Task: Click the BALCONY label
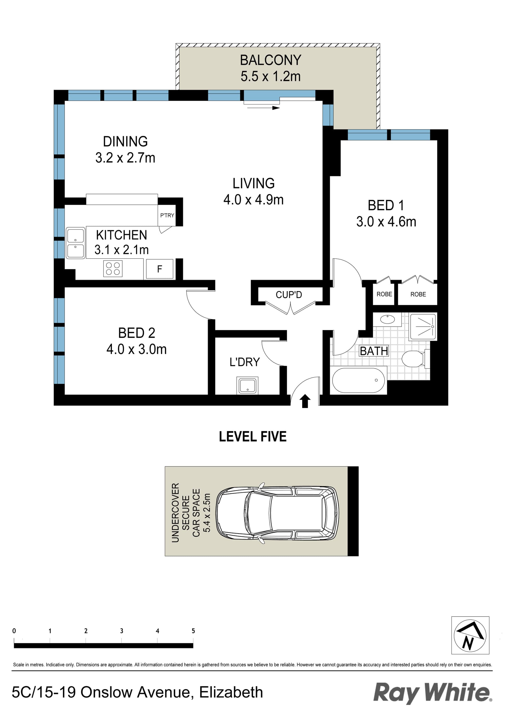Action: pos(270,60)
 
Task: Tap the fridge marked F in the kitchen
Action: pos(159,269)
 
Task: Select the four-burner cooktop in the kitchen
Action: pos(113,269)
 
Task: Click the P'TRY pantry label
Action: pos(167,215)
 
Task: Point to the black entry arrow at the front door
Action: pos(305,401)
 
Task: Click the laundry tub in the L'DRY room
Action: pos(247,386)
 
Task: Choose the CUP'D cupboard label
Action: pos(289,295)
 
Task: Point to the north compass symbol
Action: pos(470,635)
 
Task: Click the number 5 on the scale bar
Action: pos(193,631)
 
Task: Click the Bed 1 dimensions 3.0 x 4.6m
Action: pos(386,222)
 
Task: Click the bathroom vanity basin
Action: pos(388,319)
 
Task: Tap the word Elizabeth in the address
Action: pos(231,692)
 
